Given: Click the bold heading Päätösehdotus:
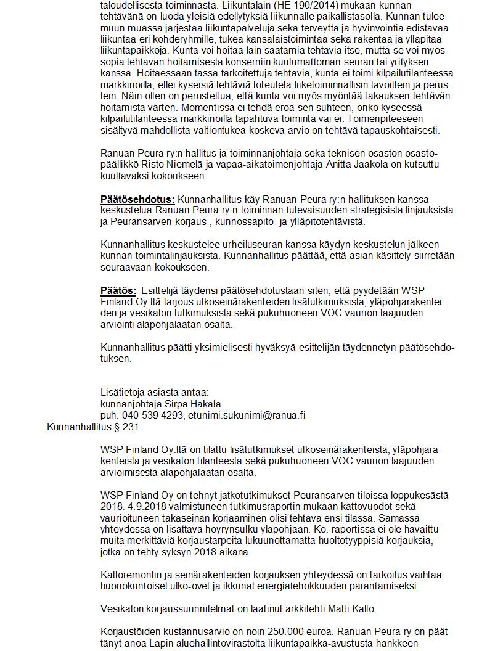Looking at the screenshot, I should click(x=137, y=199).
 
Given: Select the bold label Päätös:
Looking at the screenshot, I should click(x=118, y=290).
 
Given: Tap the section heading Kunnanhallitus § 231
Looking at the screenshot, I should click(x=93, y=427).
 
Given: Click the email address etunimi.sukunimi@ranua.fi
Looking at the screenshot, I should click(x=247, y=415).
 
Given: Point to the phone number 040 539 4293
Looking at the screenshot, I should click(x=152, y=415).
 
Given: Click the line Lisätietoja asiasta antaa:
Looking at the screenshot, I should click(x=155, y=392).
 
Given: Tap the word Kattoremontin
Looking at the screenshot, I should click(x=131, y=575).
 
